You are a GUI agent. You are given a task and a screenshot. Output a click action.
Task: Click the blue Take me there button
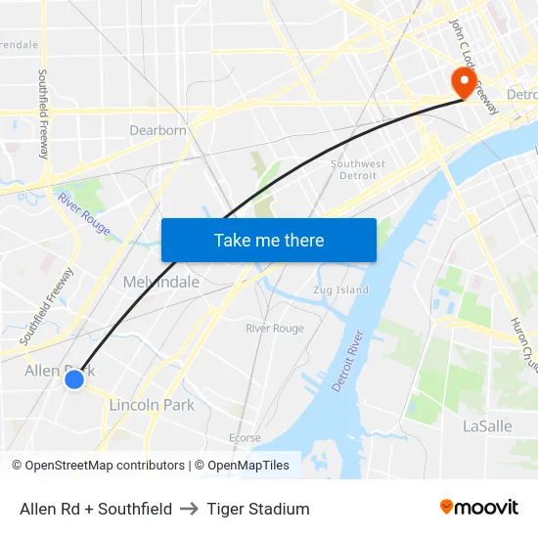[268, 240]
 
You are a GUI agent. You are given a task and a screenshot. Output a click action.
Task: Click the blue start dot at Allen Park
[74, 379]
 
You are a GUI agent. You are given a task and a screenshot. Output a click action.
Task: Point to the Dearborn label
[157, 130]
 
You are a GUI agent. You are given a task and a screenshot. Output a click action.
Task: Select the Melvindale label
[161, 282]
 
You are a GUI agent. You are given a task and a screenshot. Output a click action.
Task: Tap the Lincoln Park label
[152, 405]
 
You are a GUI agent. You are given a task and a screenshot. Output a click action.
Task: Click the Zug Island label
[341, 290]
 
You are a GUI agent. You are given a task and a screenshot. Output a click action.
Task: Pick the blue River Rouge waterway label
[83, 214]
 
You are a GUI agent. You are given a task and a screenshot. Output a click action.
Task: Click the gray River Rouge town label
[274, 329]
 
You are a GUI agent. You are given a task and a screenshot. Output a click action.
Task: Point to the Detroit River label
[348, 361]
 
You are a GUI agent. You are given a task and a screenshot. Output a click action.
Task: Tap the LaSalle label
[486, 426]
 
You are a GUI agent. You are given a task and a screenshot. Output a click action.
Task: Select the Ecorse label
[245, 437]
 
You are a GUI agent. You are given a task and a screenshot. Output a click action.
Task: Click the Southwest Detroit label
[357, 169]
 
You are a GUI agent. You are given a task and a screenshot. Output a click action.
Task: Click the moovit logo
[479, 507]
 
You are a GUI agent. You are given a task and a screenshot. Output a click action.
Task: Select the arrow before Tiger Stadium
[190, 509]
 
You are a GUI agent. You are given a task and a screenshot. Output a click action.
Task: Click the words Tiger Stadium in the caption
[258, 509]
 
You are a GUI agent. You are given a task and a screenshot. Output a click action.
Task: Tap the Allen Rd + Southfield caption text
[96, 509]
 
